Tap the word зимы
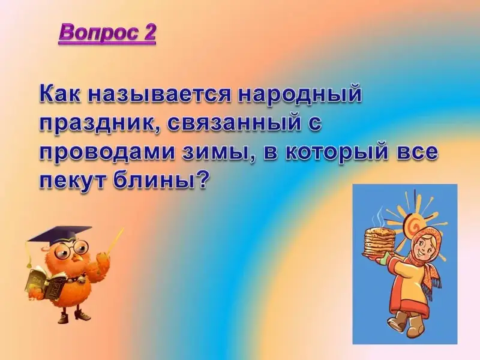217,152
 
